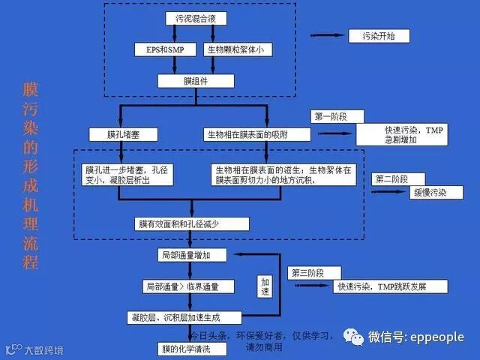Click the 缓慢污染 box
pyautogui.click(x=430, y=193)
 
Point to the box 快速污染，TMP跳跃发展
pyautogui.click(x=390, y=286)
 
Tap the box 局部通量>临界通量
pyautogui.click(x=188, y=286)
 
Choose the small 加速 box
pyautogui.click(x=265, y=286)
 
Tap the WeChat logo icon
pyautogui.click(x=352, y=337)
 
